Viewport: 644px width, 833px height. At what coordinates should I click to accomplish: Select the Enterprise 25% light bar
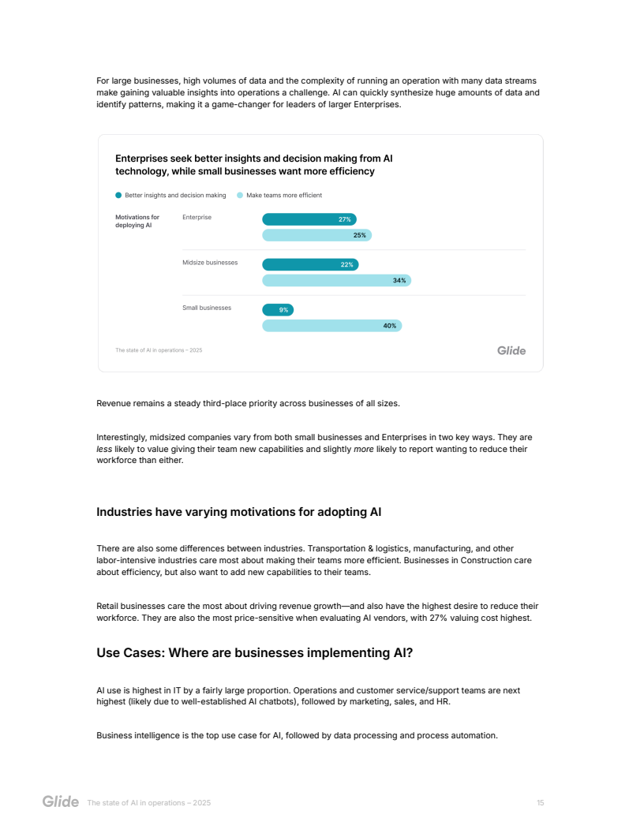(x=316, y=235)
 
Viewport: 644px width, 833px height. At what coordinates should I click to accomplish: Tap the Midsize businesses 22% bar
(x=310, y=264)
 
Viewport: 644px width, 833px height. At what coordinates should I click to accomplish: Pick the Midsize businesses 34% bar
(x=336, y=280)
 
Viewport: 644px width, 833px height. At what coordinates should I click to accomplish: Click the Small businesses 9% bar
(x=278, y=310)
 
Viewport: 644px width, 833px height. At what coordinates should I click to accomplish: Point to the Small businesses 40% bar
(x=331, y=325)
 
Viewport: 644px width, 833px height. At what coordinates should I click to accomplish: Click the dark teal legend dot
(x=118, y=195)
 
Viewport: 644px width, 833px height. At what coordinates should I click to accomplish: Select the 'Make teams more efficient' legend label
(x=284, y=195)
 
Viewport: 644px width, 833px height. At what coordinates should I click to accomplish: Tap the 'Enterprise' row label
(x=197, y=217)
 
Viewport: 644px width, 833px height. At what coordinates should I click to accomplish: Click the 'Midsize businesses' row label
(x=210, y=263)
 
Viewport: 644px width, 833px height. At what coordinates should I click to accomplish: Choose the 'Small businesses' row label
(x=207, y=308)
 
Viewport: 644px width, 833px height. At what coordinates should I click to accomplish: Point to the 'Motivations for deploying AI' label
(x=137, y=221)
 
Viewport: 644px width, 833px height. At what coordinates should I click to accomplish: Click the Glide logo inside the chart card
(x=511, y=350)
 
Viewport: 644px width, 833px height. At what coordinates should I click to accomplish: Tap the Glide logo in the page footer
(x=61, y=802)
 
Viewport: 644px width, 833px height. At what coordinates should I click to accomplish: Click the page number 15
(x=540, y=802)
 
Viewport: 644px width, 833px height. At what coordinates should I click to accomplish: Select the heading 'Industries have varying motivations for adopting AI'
(x=238, y=512)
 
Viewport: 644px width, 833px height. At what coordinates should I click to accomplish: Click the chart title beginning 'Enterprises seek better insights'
(x=253, y=164)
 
